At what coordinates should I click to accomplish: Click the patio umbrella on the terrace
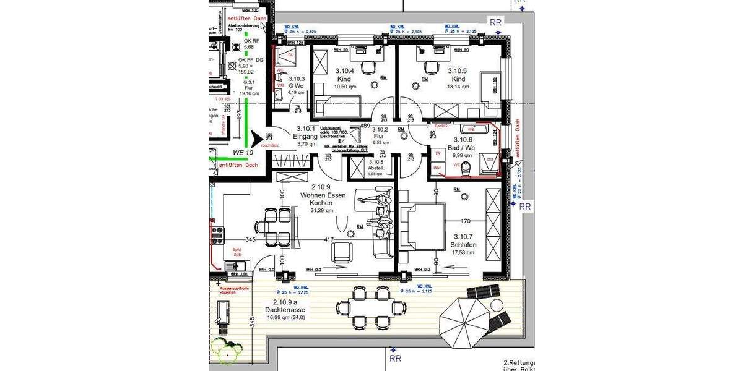[x=464, y=322]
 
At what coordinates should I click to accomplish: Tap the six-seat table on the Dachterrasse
[x=368, y=307]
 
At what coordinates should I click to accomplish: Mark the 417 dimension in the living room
[x=329, y=239]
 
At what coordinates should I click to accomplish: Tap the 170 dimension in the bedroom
[x=466, y=220]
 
